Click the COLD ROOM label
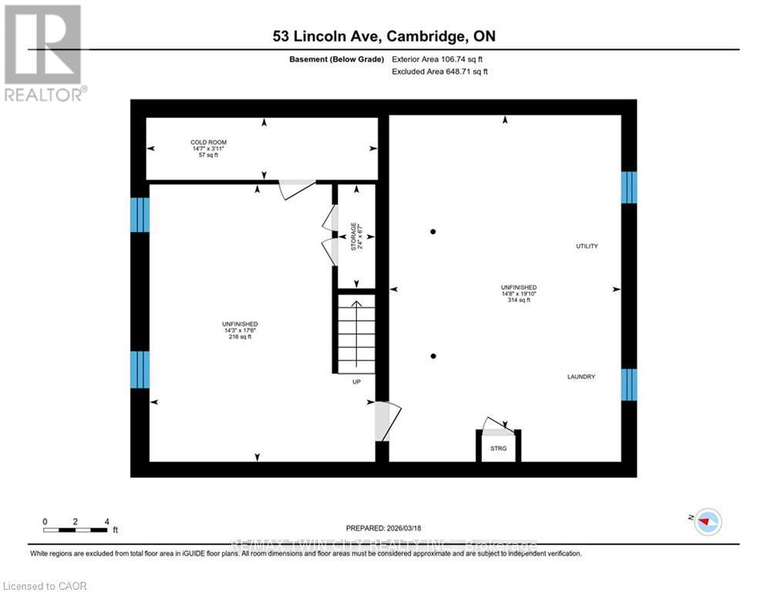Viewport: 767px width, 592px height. pos(208,143)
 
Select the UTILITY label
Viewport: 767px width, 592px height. pos(587,246)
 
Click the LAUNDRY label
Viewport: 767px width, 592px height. pos(581,376)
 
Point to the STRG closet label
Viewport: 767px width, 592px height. pos(498,448)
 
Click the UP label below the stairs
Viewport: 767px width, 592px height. pos(356,382)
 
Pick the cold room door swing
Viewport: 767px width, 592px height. pos(297,189)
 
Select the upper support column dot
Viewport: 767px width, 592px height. pos(433,231)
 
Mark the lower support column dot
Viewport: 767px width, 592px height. pos(433,355)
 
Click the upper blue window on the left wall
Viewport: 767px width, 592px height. pos(140,214)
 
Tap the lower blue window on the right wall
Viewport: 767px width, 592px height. pos(629,385)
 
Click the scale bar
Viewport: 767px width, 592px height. pos(76,530)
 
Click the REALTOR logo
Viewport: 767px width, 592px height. pos(43,52)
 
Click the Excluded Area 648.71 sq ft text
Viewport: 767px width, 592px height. pos(440,71)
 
